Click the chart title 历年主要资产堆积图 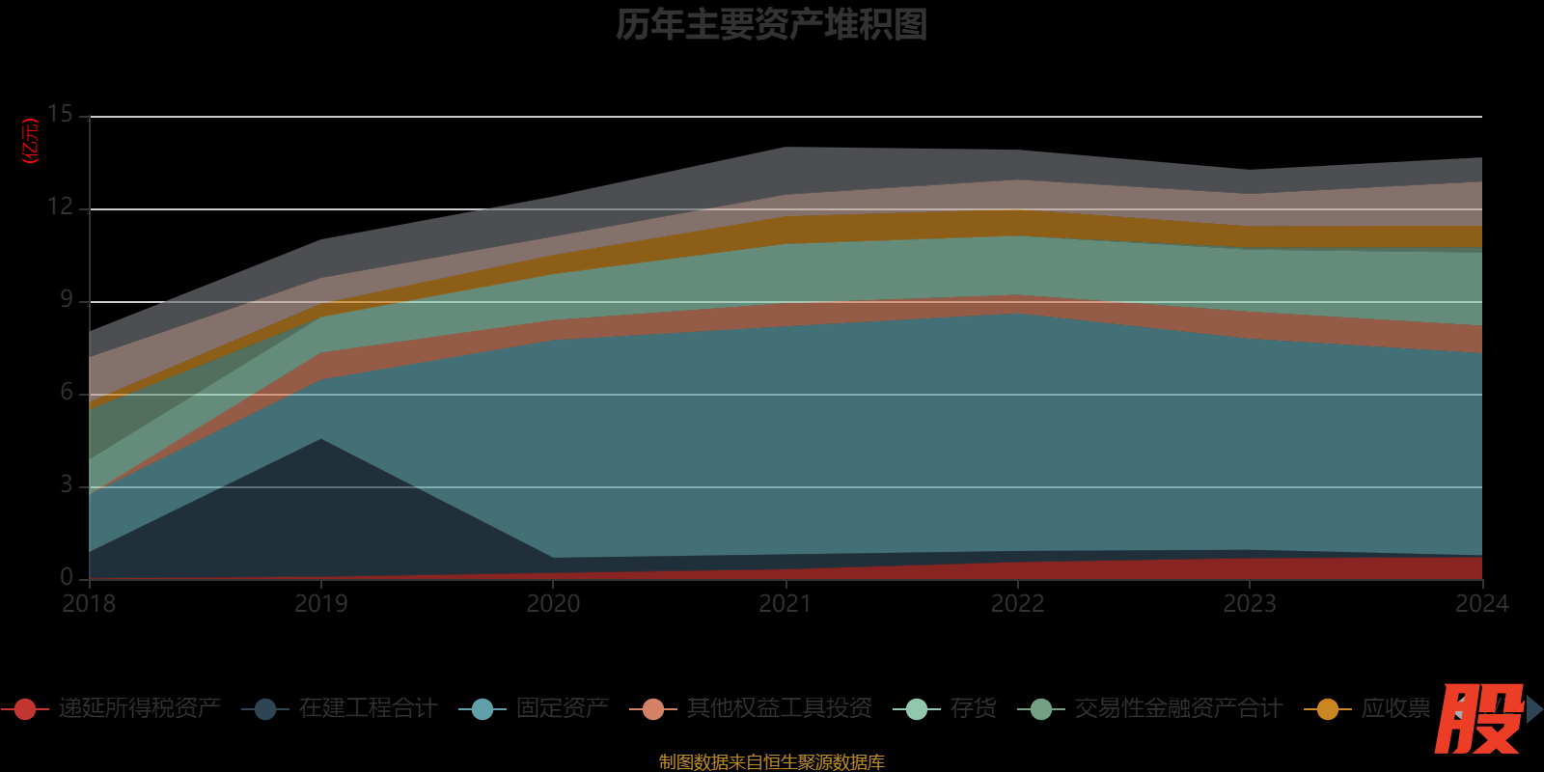(772, 25)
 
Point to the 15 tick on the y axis (60, 115)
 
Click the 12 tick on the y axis (60, 207)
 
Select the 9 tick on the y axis (66, 299)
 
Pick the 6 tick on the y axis (66, 392)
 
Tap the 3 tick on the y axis (66, 484)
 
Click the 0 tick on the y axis (66, 577)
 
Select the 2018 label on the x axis (89, 604)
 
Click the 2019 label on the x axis (321, 604)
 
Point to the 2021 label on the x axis (786, 604)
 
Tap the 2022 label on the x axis (1018, 604)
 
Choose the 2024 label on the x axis (1481, 604)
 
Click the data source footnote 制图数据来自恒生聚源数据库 (772, 762)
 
